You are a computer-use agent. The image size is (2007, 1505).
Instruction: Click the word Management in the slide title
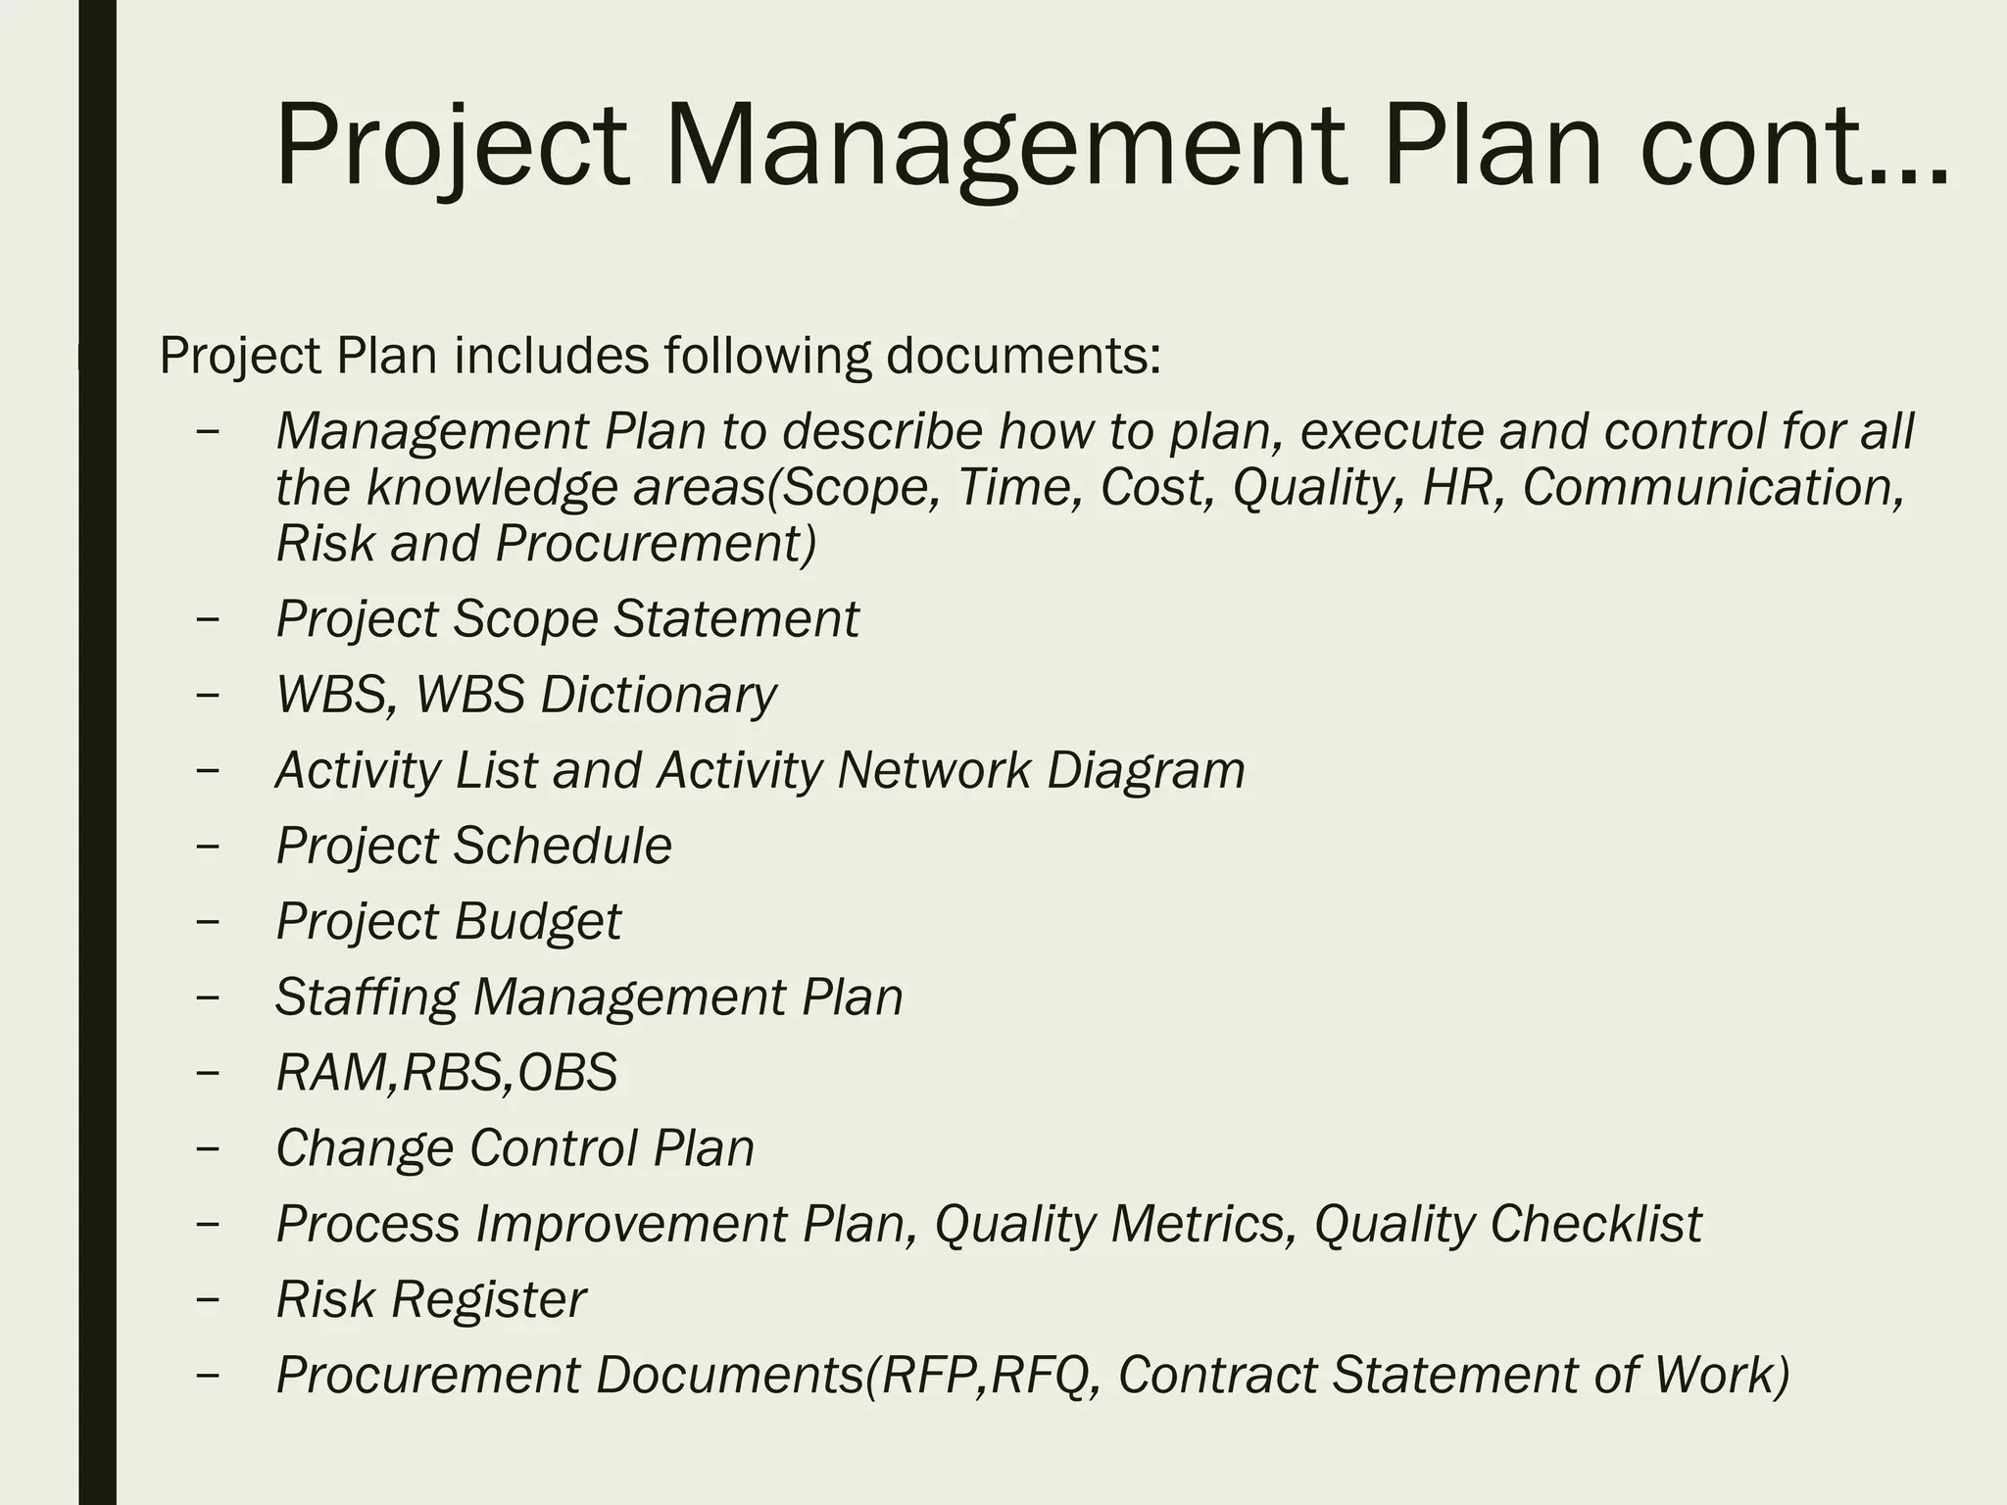(x=1002, y=147)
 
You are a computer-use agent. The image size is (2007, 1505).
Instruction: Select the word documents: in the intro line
(x=1023, y=355)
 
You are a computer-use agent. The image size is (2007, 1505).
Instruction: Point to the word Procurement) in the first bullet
(x=656, y=544)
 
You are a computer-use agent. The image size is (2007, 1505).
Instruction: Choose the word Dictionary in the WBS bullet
(x=658, y=695)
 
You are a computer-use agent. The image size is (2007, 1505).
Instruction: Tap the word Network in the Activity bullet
(x=933, y=770)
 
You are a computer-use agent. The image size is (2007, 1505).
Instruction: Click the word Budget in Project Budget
(x=537, y=921)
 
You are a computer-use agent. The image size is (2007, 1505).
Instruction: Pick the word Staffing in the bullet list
(x=366, y=997)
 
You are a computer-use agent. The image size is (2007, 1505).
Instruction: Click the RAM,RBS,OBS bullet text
(x=447, y=1072)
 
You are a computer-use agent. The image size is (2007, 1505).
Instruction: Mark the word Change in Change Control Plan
(x=365, y=1147)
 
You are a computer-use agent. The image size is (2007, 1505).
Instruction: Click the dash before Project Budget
(x=208, y=922)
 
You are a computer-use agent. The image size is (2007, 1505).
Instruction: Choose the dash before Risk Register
(x=208, y=1300)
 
